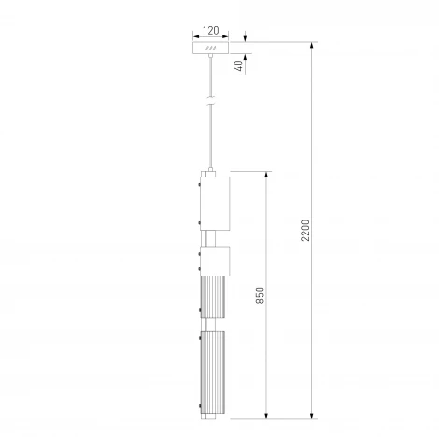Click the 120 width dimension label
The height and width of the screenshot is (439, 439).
point(211,30)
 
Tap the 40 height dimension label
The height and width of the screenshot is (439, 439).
point(239,65)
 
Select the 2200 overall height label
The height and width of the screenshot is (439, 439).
point(305,230)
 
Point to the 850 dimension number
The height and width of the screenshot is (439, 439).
point(260,295)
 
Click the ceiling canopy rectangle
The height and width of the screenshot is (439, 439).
point(211,48)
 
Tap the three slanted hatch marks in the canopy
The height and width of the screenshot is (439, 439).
point(211,48)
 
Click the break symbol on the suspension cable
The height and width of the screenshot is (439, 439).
point(211,101)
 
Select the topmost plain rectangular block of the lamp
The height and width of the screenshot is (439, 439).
point(215,204)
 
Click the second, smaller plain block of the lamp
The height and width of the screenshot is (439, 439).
point(215,261)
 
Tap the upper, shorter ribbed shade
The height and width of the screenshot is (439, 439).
point(213,297)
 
